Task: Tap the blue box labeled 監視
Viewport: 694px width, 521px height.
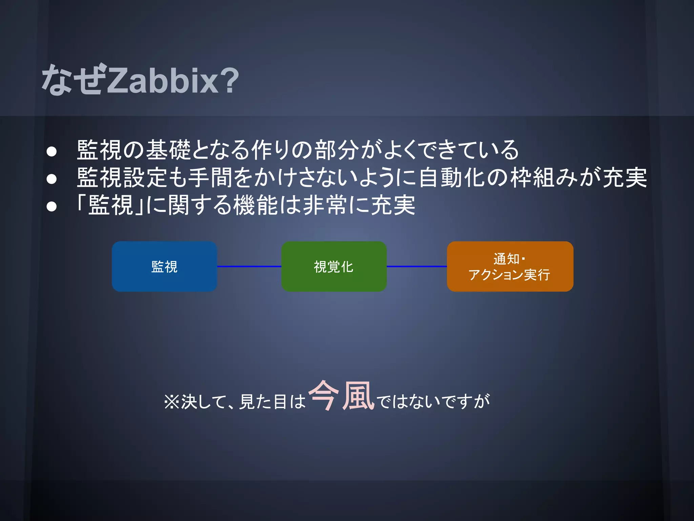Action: pos(164,267)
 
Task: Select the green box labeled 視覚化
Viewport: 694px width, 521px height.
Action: pos(334,267)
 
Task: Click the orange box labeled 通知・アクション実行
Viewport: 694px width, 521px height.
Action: pos(510,267)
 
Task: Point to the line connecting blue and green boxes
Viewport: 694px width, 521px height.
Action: pos(249,267)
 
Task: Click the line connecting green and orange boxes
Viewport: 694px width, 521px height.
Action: pos(417,267)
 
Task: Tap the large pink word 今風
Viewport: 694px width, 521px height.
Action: pos(341,396)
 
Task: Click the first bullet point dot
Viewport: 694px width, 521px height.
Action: pos(52,151)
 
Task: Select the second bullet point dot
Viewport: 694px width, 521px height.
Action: pos(52,179)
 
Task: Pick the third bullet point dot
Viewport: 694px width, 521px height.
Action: pos(52,206)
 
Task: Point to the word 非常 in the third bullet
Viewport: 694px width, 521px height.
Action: pos(325,205)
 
